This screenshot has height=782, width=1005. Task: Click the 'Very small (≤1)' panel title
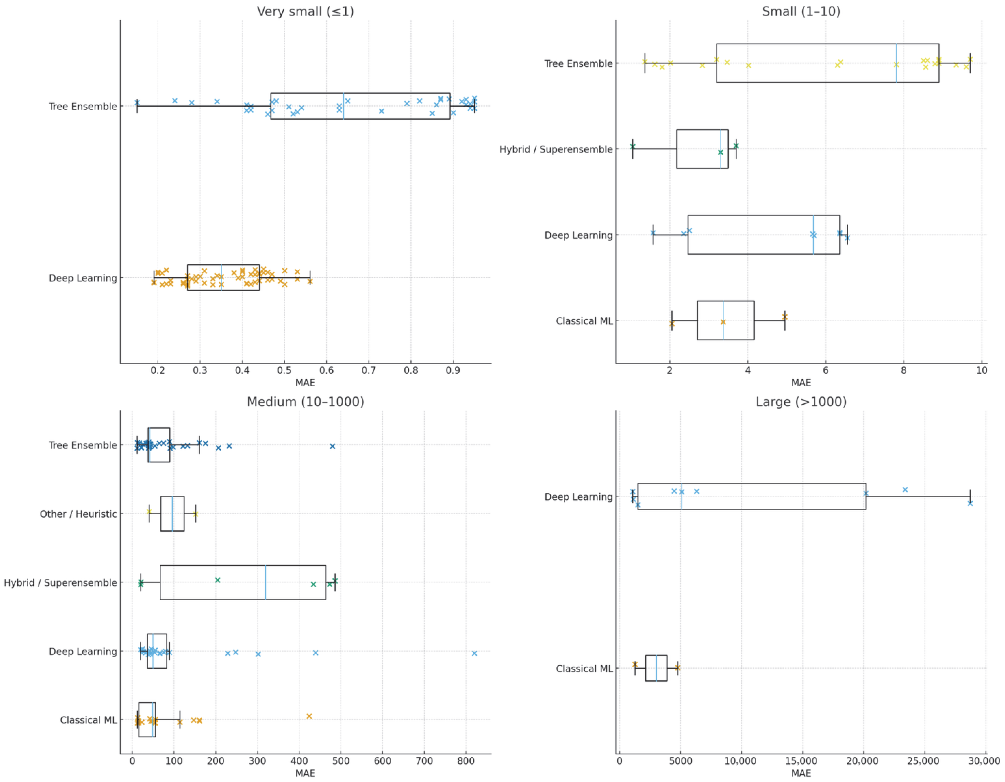pyautogui.click(x=305, y=12)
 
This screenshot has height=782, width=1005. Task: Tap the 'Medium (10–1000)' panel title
pyautogui.click(x=305, y=402)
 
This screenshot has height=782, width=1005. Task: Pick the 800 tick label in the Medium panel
pyautogui.click(x=466, y=761)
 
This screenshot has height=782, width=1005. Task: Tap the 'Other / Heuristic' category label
pyautogui.click(x=78, y=514)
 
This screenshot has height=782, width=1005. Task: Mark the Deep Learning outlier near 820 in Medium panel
pyautogui.click(x=474, y=653)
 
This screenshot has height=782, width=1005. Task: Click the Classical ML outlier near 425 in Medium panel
pyautogui.click(x=309, y=716)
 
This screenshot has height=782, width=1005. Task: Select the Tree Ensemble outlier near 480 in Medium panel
pyautogui.click(x=332, y=446)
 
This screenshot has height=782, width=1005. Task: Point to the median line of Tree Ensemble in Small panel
pyautogui.click(x=896, y=63)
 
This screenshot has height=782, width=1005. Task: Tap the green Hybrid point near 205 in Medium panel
pyautogui.click(x=218, y=580)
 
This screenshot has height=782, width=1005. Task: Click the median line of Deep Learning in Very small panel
pyautogui.click(x=221, y=277)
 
